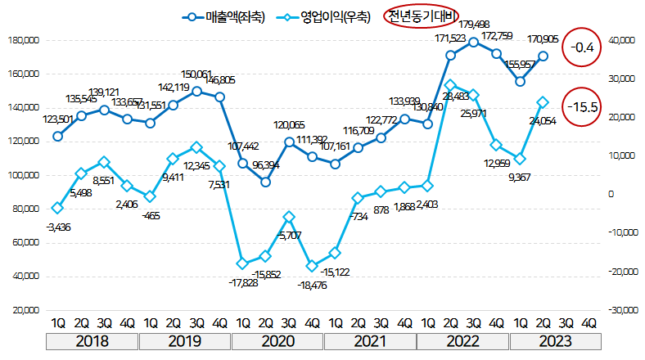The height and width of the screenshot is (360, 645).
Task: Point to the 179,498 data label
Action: (474, 24)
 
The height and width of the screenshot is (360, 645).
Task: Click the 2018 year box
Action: (92, 341)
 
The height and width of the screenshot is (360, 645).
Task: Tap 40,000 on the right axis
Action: (618, 39)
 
